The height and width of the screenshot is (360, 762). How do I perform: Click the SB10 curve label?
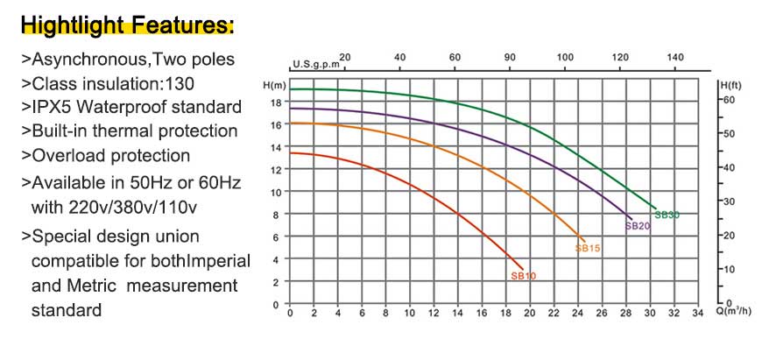(523, 276)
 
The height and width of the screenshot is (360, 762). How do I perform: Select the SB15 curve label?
(587, 249)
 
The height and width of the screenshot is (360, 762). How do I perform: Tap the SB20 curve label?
(637, 226)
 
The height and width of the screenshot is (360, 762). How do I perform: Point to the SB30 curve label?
(667, 215)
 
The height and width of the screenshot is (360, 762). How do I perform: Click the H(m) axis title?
(274, 85)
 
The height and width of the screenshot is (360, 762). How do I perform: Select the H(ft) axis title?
(729, 85)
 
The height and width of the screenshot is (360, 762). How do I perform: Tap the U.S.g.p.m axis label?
(314, 65)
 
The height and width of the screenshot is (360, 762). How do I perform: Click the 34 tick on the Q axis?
(696, 314)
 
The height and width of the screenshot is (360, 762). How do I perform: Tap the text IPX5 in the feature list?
(51, 108)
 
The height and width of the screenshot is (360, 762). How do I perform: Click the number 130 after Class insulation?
(179, 84)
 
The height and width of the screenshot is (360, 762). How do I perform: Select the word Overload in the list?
(66, 155)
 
